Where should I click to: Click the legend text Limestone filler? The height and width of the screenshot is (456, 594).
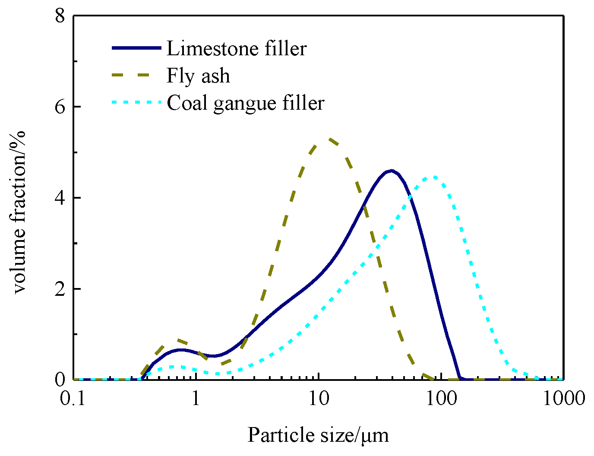[236, 48]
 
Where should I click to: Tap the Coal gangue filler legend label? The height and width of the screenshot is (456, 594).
[245, 103]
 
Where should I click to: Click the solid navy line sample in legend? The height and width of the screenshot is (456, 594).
[136, 48]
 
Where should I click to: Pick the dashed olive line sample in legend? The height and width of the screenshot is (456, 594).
[136, 76]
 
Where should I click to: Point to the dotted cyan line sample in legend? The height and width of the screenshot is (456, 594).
[136, 103]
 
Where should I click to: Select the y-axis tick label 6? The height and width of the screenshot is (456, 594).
[60, 107]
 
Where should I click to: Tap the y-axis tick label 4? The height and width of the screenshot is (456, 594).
[60, 198]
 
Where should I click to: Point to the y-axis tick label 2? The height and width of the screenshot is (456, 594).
[60, 288]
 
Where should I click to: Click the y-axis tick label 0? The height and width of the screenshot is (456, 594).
[60, 379]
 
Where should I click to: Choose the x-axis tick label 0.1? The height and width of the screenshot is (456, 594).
[74, 398]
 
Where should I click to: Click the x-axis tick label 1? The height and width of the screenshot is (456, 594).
[196, 398]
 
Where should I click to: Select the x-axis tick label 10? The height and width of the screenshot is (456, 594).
[319, 398]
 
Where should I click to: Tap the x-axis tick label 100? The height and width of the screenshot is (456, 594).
[441, 398]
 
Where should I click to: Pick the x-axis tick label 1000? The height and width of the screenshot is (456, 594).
[563, 398]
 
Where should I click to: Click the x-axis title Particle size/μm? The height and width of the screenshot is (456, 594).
[318, 435]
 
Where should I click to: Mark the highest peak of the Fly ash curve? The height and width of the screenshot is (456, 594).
[329, 139]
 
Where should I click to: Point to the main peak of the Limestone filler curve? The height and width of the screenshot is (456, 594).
[391, 171]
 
